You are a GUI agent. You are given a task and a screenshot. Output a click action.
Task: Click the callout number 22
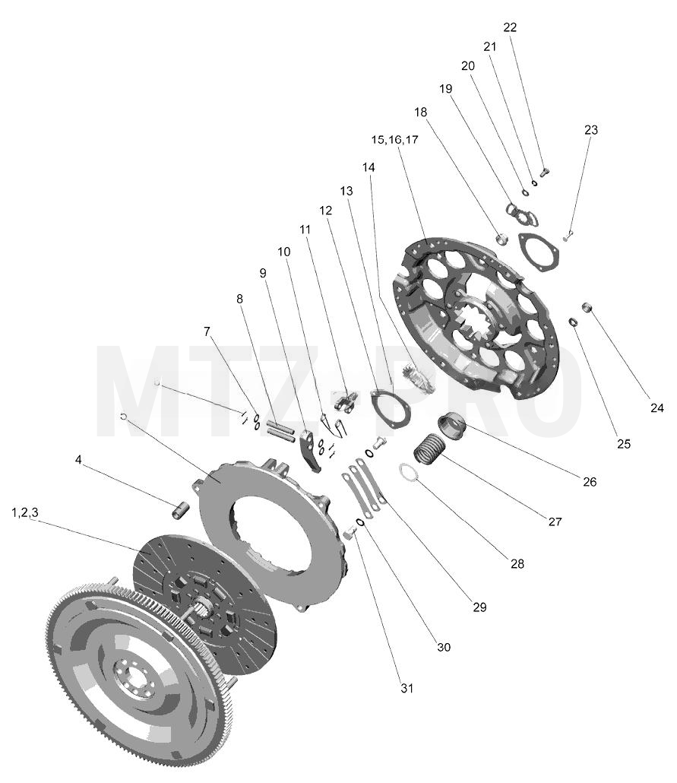coord(510,27)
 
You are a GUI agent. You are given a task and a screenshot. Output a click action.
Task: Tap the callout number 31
coord(407,688)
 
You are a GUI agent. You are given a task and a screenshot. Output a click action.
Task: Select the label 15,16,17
coord(394,139)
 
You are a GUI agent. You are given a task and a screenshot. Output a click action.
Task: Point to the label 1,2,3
coord(25,512)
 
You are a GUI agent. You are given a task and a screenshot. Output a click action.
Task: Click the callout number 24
coord(657,408)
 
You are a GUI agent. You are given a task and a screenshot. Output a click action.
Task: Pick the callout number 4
coord(78,459)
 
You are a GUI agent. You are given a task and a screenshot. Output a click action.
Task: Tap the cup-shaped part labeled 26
coord(452,427)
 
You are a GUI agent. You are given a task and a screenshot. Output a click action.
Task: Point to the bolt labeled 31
coord(349,534)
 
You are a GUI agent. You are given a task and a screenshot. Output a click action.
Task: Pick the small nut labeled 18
coord(501,238)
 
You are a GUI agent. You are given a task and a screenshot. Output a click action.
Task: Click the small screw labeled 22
coord(544,173)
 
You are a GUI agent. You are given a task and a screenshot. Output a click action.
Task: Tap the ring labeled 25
coord(574,322)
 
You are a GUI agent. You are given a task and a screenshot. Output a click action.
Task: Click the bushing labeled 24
coord(587,306)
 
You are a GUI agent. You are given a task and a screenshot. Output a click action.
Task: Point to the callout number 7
coord(207,331)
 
